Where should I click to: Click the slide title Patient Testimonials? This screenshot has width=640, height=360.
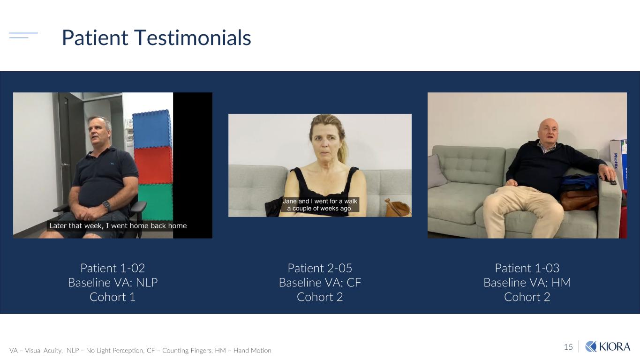click(156, 37)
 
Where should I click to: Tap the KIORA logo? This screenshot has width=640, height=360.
click(608, 347)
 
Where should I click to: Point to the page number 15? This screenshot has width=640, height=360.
click(568, 347)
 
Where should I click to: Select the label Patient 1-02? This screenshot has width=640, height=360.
click(113, 268)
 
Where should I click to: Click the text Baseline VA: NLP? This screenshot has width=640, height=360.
click(113, 283)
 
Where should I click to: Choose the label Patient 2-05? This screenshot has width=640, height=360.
click(320, 268)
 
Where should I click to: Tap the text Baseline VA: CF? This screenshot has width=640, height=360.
click(320, 283)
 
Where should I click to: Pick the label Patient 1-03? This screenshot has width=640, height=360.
click(527, 268)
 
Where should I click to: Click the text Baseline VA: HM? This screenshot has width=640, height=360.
click(527, 283)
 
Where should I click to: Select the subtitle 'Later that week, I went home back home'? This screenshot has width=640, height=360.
click(118, 226)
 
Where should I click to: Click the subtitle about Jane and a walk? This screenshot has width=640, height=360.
click(320, 204)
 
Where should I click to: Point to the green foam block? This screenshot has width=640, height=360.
click(156, 202)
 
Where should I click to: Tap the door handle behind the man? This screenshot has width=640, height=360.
click(65, 165)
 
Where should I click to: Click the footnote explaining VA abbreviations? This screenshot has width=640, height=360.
click(140, 350)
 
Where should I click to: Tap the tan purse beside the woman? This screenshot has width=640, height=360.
click(398, 208)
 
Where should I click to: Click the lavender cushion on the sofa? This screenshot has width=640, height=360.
click(437, 171)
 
